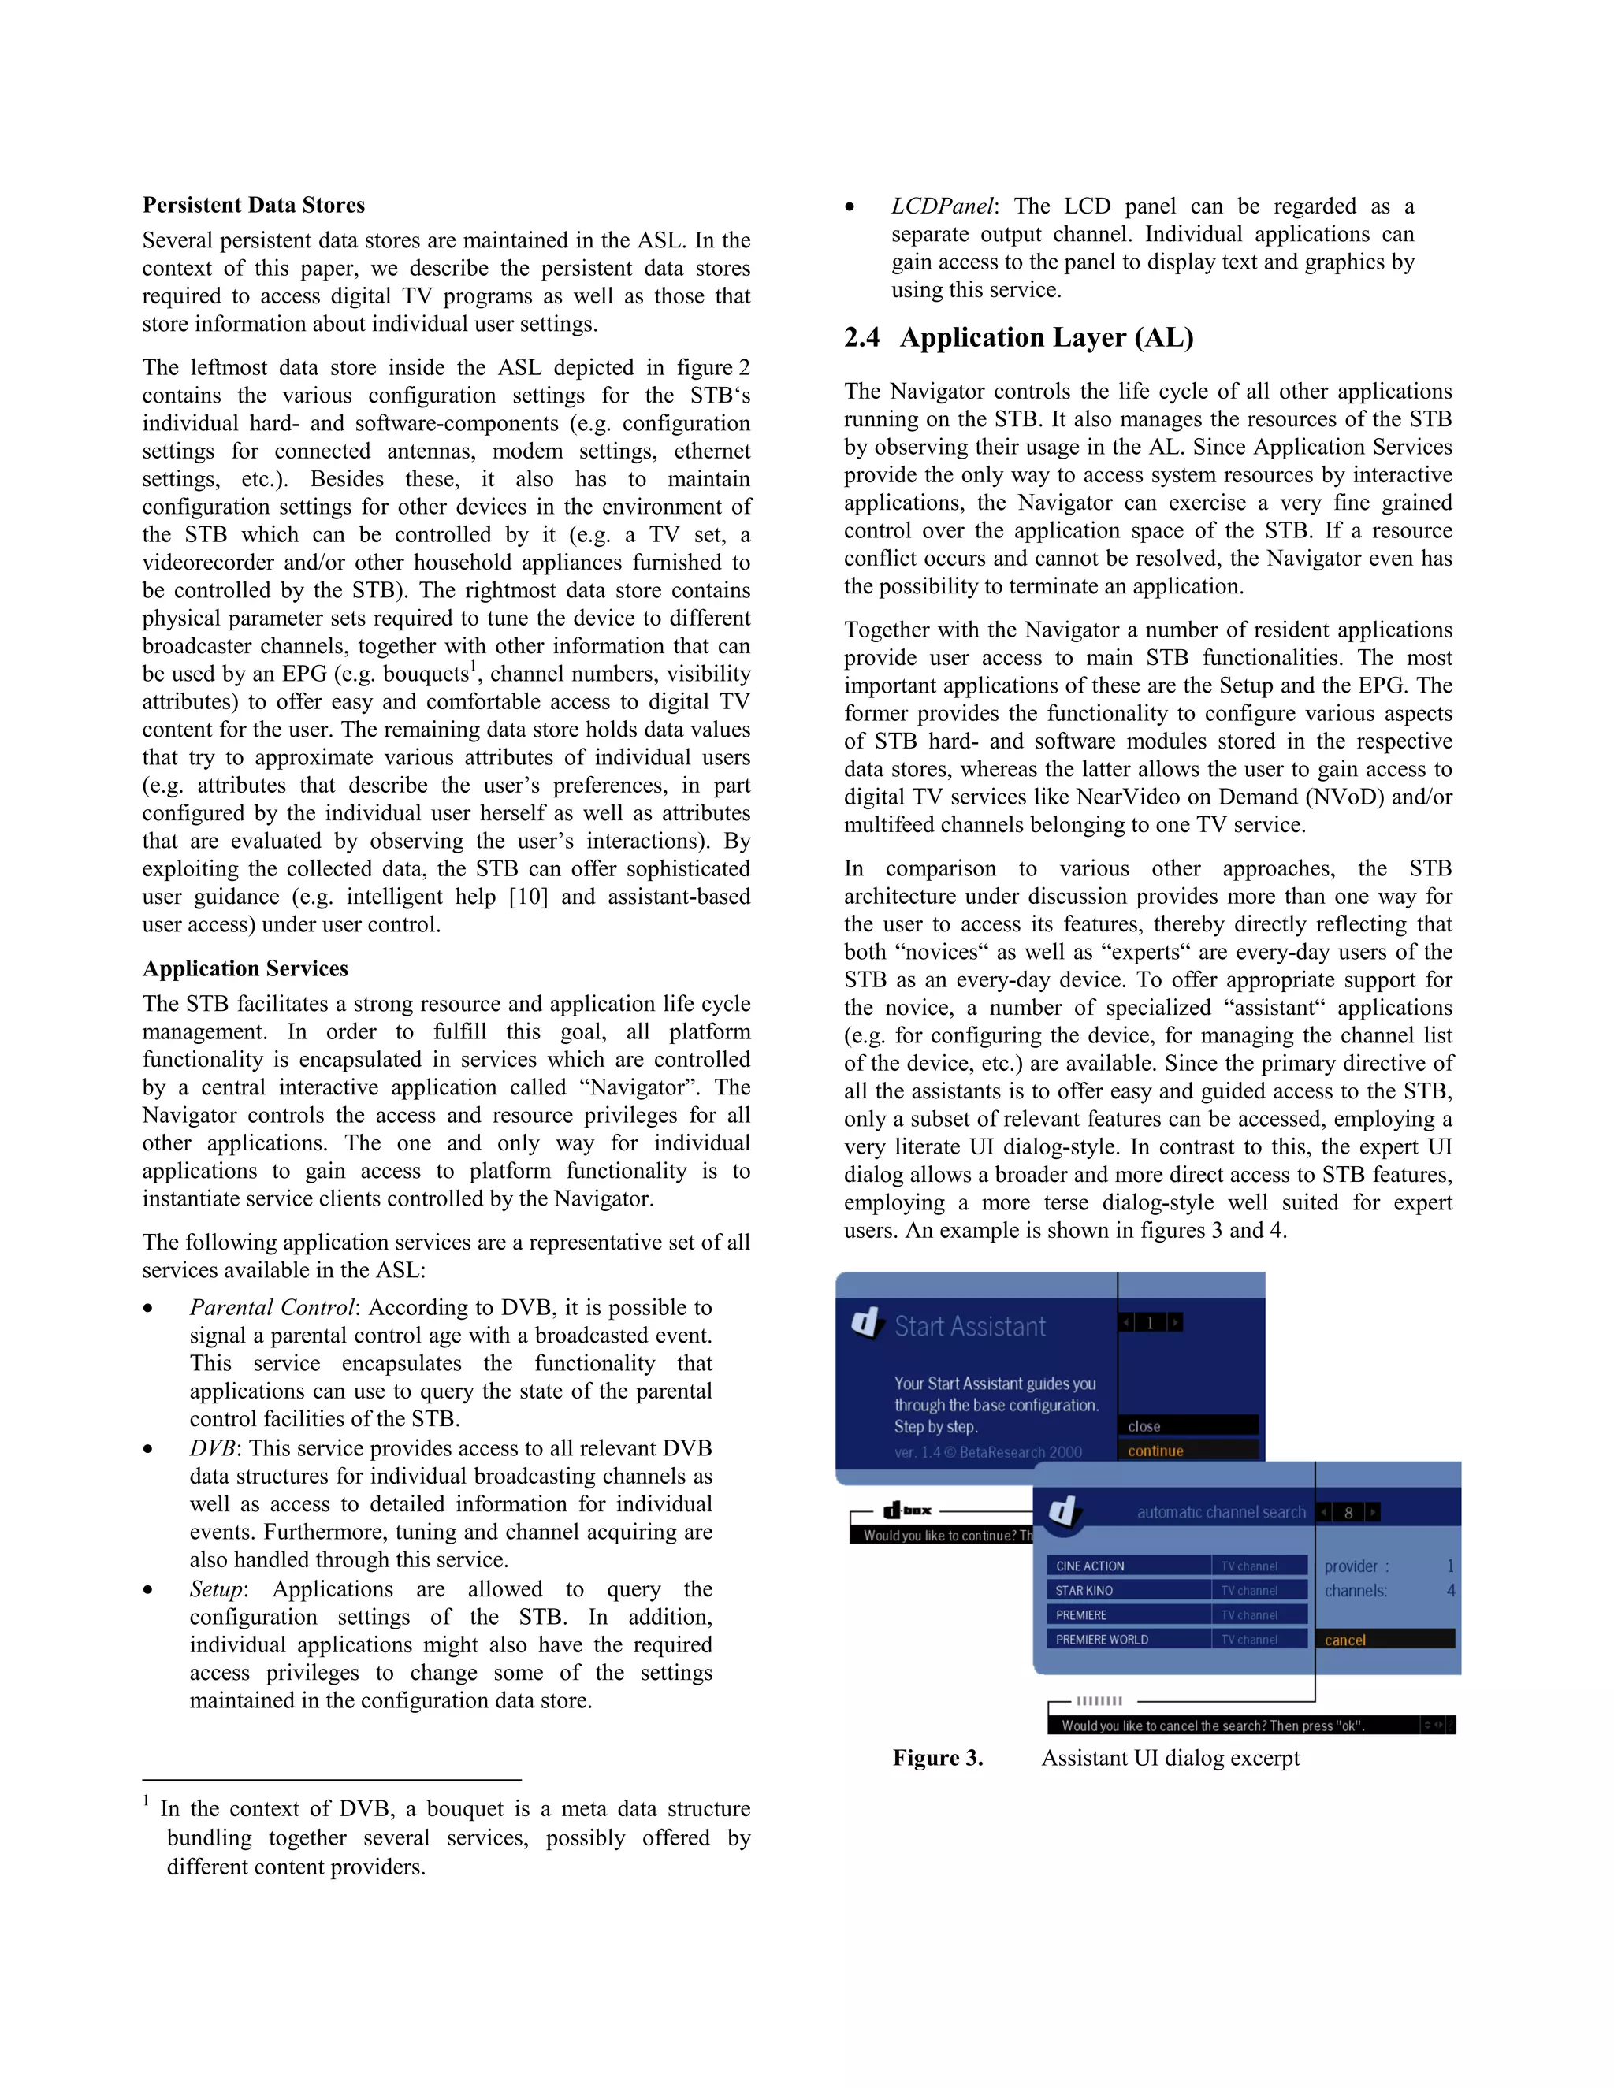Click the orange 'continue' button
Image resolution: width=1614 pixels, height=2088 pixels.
click(x=1155, y=1451)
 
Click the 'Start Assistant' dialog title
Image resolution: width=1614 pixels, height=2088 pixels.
click(x=969, y=1327)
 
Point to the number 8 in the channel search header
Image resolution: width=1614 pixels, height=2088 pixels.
click(x=1348, y=1513)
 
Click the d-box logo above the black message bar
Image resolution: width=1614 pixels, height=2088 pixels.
click(x=907, y=1510)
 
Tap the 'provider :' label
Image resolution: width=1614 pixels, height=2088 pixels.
click(x=1356, y=1566)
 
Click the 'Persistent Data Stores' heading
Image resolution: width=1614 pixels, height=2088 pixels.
click(x=254, y=206)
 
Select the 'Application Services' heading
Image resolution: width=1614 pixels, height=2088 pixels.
click(x=245, y=968)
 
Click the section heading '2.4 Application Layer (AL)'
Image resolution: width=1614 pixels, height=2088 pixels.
click(x=1018, y=337)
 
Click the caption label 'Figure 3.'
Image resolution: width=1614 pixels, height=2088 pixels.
click(x=937, y=1758)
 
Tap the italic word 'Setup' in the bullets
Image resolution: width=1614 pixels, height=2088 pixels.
click(x=216, y=1589)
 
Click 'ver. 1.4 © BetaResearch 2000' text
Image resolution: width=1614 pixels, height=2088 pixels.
click(x=987, y=1452)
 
